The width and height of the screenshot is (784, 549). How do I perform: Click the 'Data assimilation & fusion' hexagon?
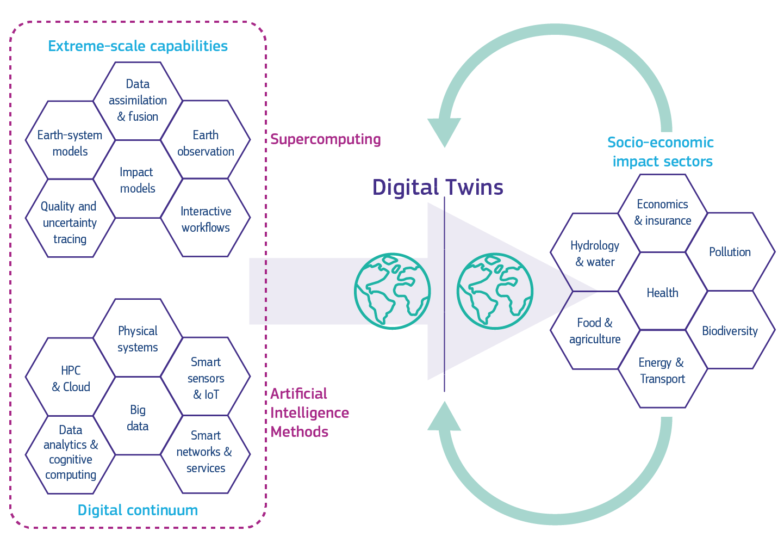point(138,101)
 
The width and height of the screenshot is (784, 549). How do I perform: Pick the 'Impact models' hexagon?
point(138,180)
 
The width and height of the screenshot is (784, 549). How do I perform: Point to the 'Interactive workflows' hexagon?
point(206,218)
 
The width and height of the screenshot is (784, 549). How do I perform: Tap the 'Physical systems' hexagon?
point(138,338)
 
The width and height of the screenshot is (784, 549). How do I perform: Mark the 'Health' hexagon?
point(662,292)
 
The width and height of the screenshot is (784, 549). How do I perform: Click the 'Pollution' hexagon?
point(730,252)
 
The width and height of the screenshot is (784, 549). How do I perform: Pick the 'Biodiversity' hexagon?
point(730,330)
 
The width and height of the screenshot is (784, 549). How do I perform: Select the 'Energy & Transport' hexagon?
point(662,370)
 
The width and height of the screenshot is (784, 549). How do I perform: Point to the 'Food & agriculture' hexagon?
point(595,330)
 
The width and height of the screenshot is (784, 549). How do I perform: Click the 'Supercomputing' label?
point(325,139)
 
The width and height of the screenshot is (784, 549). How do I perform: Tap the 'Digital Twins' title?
point(438,187)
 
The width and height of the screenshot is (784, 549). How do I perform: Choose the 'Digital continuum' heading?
point(138,510)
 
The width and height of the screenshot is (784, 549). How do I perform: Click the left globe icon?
point(392,291)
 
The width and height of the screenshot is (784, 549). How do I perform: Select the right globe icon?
point(495,291)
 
